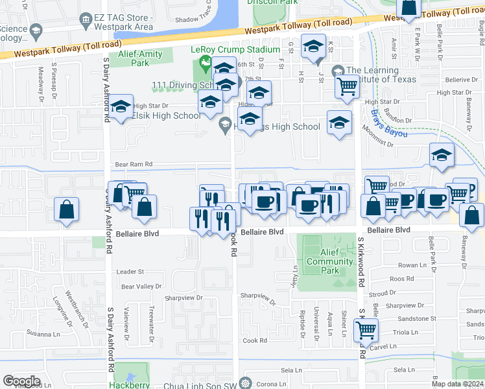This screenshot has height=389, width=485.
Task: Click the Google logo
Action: (21, 381)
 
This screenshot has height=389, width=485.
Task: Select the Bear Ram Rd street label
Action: (133, 165)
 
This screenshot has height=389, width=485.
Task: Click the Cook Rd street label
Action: (255, 340)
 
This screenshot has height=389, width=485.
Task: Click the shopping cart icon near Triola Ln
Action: (366, 329)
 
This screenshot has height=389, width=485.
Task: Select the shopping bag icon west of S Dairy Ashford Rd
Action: (66, 209)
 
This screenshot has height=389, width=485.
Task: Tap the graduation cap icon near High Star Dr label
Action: (121, 108)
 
